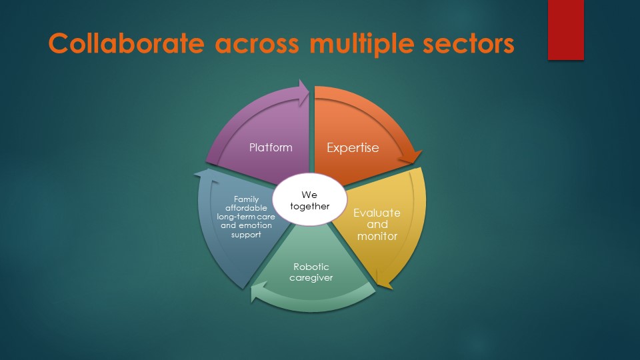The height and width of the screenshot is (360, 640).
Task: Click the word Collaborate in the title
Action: click(127, 43)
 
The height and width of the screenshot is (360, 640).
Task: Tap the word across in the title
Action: click(257, 44)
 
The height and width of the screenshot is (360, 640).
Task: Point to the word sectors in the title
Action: click(469, 44)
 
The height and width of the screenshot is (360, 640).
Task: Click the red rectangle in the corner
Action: click(566, 30)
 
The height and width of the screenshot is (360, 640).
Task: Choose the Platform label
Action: click(271, 147)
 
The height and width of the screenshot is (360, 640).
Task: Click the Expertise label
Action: click(353, 148)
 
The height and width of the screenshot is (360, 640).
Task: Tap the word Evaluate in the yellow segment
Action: click(377, 213)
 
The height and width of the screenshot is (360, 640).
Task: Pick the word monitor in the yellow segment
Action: click(377, 236)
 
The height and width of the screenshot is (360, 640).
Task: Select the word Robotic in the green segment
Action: click(311, 267)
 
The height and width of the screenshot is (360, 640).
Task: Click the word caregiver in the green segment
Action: click(311, 278)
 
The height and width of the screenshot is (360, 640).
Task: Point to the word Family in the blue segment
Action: click(246, 199)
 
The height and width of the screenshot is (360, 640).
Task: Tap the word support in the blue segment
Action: click(246, 235)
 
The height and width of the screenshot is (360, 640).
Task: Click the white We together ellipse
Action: click(309, 199)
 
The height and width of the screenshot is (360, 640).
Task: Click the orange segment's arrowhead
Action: click(411, 157)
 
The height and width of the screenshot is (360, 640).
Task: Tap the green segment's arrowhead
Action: click(258, 292)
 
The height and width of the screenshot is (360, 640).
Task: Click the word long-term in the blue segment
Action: click(234, 217)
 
